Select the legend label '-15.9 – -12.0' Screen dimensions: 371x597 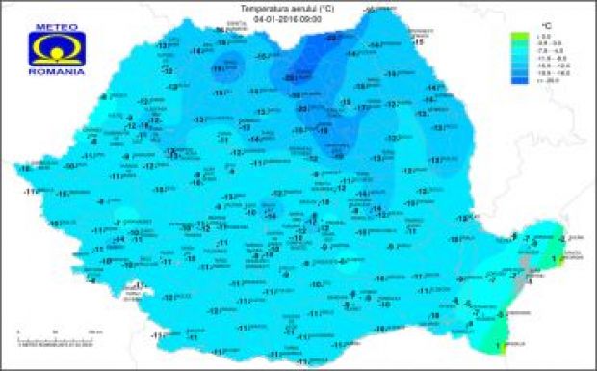547,67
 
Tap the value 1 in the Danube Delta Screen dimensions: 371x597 553,259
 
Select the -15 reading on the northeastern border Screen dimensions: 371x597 418,43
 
